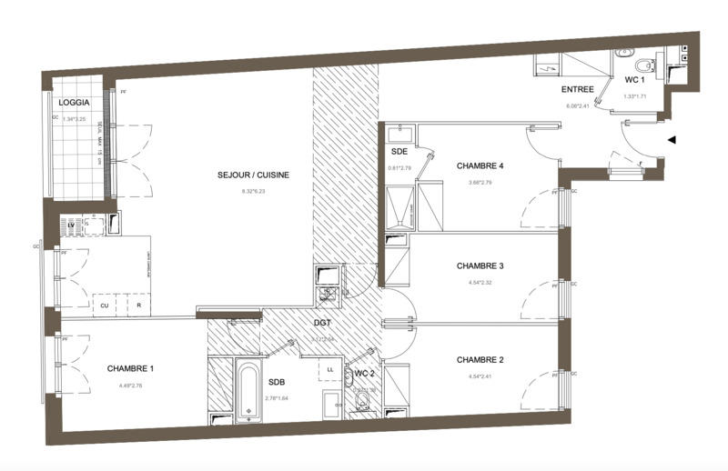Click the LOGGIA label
75,103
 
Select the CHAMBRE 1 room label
130,368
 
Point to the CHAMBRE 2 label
480,360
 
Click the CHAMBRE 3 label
480,266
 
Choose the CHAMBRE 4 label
480,166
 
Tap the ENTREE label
578,90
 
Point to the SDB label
277,383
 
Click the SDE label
399,152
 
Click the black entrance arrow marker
672,140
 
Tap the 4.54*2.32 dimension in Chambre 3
480,282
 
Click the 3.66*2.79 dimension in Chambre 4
480,183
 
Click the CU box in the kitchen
105,306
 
